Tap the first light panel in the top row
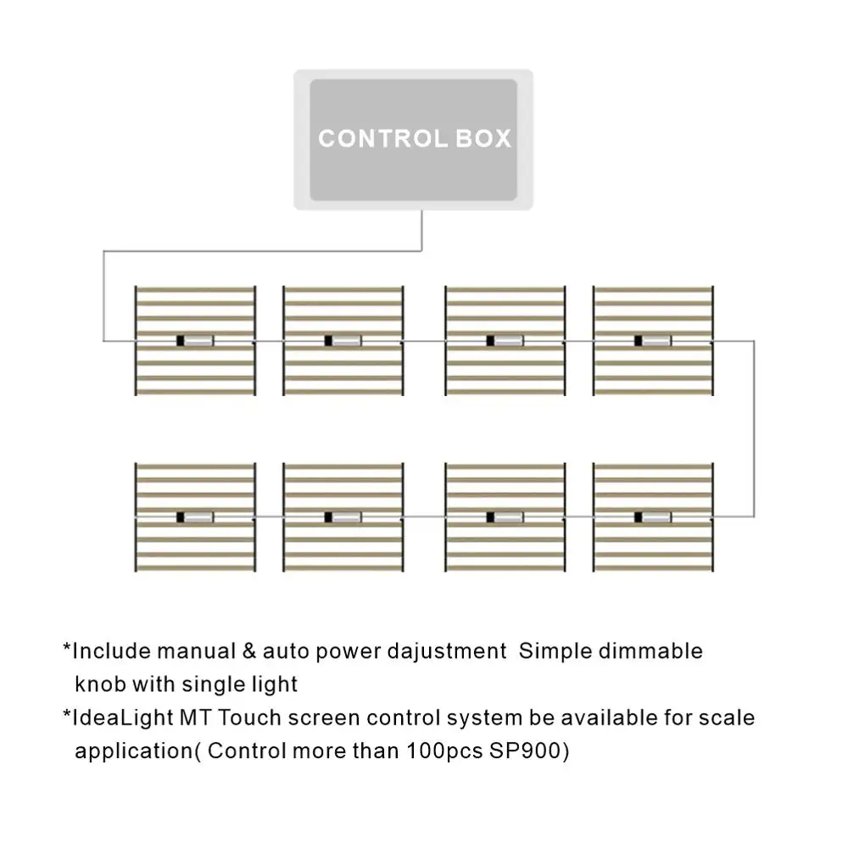coord(195,341)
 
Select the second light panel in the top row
coord(343,341)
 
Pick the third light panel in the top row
coord(505,341)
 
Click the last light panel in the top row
coord(653,341)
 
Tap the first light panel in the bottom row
coord(195,517)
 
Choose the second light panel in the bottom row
coord(343,517)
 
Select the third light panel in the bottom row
coord(505,517)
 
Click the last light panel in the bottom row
coord(653,517)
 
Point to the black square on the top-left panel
coord(180,341)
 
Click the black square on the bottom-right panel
coord(638,517)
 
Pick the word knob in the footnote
coord(98,684)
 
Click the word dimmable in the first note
coord(651,652)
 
